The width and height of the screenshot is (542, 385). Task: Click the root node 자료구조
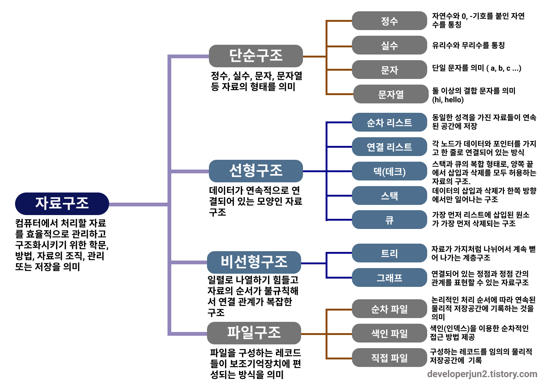tap(62, 203)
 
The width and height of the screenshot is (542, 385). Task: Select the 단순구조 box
tap(256, 56)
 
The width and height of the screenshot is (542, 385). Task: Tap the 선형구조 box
tap(256, 171)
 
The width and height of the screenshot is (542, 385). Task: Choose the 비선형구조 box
tap(254, 262)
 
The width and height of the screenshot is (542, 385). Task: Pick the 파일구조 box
tap(254, 333)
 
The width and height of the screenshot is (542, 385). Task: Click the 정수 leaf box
tap(390, 21)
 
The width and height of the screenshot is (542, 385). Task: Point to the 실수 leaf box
tap(390, 45)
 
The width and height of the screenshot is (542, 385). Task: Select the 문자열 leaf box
tap(391, 94)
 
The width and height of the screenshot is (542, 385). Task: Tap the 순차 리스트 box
tap(390, 123)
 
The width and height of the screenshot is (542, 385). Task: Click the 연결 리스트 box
tap(390, 147)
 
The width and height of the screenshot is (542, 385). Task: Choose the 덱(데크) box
tap(390, 171)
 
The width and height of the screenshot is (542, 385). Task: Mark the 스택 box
tap(390, 196)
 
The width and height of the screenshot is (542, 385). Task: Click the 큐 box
tap(390, 220)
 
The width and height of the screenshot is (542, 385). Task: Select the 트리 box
tap(390, 253)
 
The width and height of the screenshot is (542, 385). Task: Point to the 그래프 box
tap(390, 278)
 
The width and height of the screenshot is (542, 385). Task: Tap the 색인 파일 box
tap(390, 333)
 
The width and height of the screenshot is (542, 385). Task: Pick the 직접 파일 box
tap(390, 358)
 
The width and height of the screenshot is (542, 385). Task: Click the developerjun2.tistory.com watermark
tap(482, 374)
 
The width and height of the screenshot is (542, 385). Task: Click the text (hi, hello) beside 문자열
tap(448, 100)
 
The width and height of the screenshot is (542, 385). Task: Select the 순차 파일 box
tap(390, 309)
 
